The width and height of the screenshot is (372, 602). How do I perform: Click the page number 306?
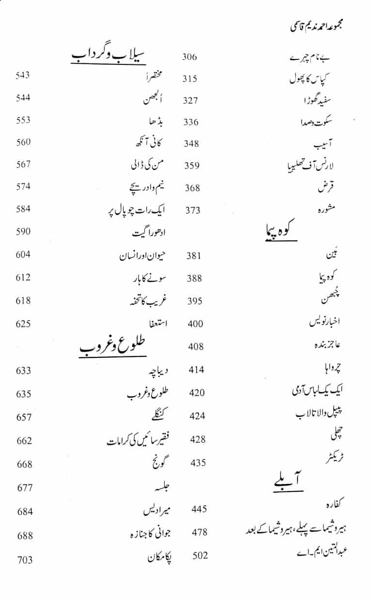tap(189, 57)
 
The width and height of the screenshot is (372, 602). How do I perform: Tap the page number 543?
tap(23, 75)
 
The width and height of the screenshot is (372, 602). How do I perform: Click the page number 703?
tap(25, 560)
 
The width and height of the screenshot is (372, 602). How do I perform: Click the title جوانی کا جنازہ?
tap(152, 533)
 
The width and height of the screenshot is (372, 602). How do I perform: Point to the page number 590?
tap(23, 231)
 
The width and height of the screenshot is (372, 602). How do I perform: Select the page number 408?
tap(196, 347)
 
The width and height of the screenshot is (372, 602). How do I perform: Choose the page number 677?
tap(24, 488)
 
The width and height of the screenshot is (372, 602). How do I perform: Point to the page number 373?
tap(192, 211)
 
